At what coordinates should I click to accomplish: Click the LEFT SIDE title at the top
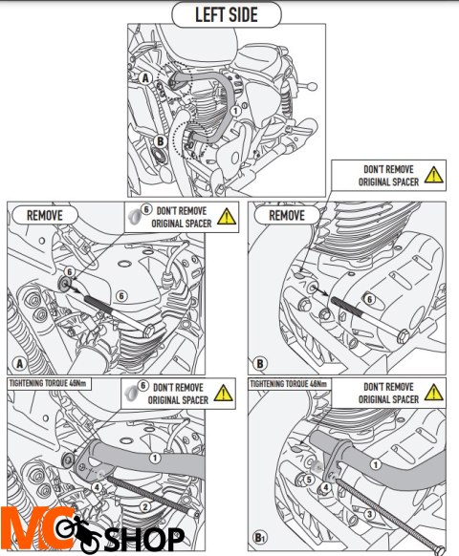point(226,15)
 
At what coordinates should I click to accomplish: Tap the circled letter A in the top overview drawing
point(144,78)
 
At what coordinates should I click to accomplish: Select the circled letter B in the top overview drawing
point(160,141)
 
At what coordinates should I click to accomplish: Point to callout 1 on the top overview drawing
point(235,111)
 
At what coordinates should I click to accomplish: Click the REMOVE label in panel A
point(45,215)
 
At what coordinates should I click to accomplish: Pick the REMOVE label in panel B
point(287,215)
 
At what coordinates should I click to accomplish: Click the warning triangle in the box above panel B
point(433,175)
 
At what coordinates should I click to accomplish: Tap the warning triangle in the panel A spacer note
point(227,216)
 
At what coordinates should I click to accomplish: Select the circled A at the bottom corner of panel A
point(20,363)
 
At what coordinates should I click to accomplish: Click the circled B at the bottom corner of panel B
point(260,363)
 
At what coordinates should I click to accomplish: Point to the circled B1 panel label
point(260,537)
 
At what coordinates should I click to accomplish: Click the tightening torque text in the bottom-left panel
point(48,383)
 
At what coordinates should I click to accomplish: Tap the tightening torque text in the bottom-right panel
point(288,384)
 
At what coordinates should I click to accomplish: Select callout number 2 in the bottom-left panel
point(144,506)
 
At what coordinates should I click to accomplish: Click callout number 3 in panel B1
point(369,514)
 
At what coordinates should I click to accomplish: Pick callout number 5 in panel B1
point(309,480)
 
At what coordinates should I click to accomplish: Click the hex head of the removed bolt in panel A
point(149,331)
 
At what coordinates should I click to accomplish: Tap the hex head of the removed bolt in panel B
point(404,335)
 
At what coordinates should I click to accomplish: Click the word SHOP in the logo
point(143,539)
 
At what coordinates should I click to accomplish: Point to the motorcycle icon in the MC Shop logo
point(78,534)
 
